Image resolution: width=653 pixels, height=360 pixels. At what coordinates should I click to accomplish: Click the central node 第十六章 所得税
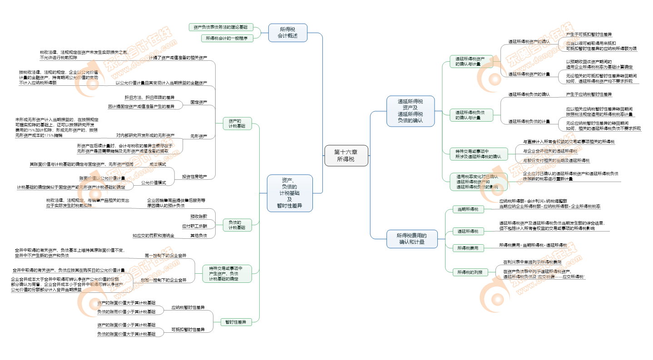coord(346,156)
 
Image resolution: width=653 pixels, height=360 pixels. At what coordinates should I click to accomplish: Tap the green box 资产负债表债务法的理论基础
coord(221,27)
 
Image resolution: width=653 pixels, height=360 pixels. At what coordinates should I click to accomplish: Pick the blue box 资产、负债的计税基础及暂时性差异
coord(290,193)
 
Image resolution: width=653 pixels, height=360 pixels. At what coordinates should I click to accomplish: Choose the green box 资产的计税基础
coord(237,123)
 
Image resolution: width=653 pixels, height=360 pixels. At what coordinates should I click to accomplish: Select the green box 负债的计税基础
coord(237,225)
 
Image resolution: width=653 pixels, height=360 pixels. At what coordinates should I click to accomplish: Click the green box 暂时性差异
coord(236,322)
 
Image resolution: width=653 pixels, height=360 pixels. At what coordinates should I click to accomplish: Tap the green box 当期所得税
coord(468,209)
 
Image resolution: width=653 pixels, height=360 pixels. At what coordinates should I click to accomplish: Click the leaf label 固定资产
coord(198,102)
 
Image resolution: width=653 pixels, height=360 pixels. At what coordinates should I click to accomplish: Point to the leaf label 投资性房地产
coord(194,177)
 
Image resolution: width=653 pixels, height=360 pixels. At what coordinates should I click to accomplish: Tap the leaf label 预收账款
coord(198,217)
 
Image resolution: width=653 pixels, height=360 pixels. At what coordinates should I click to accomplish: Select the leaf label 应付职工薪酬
coord(194,226)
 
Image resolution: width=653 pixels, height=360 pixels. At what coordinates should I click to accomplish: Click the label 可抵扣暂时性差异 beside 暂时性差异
coord(188,329)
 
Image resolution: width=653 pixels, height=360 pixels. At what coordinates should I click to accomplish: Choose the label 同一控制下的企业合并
coord(166,256)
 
